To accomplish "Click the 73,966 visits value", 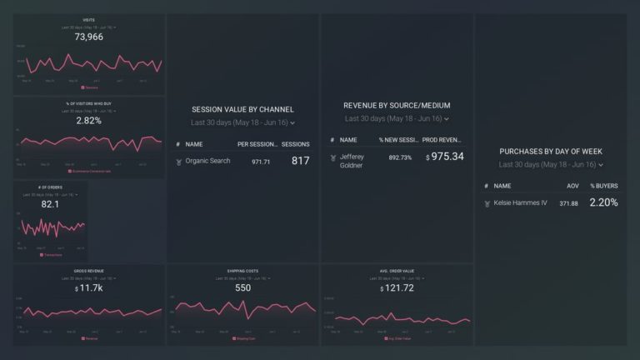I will [88, 37].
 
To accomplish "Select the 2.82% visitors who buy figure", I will [88, 121].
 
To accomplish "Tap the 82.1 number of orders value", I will [50, 204].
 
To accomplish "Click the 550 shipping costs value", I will [242, 287].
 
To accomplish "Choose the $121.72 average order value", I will [397, 287].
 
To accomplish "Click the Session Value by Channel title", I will [242, 109].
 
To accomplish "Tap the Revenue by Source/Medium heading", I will [397, 106].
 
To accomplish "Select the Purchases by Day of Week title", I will [551, 152].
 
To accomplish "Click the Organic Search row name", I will [208, 161].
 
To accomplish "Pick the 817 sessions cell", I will [299, 161].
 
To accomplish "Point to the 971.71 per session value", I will [261, 161].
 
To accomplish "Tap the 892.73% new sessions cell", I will [395, 157].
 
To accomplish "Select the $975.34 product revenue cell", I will [444, 157].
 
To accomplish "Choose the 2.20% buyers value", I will [603, 202].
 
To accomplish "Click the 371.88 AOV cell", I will [569, 203].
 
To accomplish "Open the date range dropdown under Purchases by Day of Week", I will [551, 165].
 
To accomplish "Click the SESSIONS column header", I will [295, 144].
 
